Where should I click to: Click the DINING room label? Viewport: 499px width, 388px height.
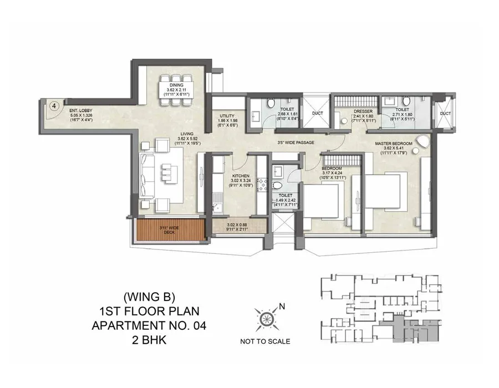[176, 85]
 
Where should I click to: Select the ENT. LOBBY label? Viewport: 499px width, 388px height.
[81, 110]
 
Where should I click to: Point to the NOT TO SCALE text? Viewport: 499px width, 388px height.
[265, 341]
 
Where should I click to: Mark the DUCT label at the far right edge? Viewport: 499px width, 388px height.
[445, 114]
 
